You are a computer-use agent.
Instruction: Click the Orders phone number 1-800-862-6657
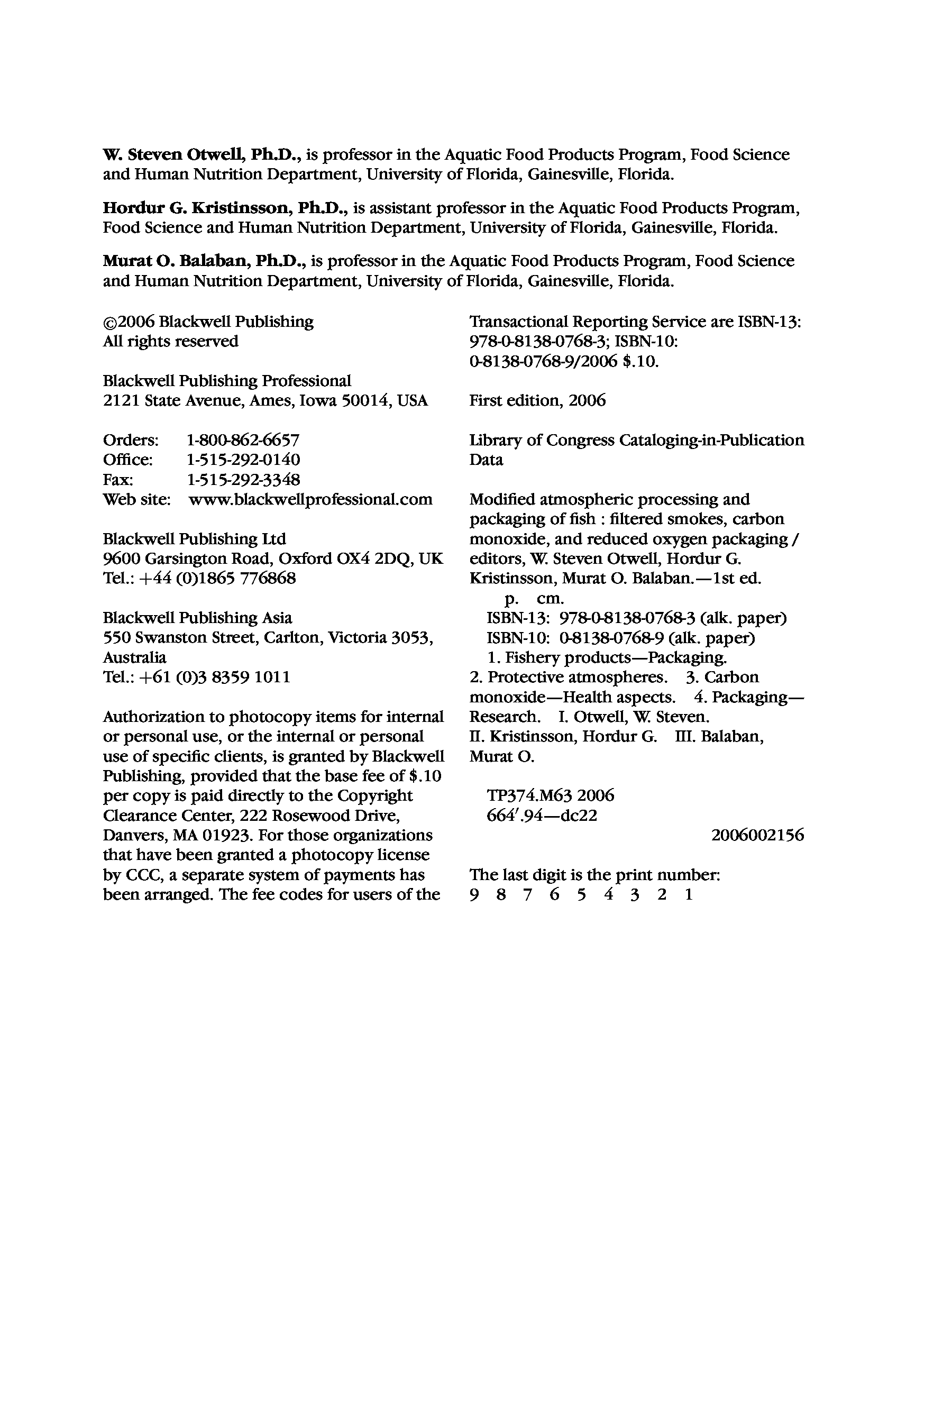coord(243,440)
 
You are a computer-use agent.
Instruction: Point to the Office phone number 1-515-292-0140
coord(243,460)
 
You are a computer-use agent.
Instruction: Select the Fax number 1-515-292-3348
coord(243,480)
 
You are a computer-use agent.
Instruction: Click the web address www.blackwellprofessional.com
coord(310,500)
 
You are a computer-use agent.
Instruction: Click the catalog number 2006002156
coord(757,836)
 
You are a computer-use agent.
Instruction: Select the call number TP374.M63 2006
coord(550,795)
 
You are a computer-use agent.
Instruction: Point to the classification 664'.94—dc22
coord(542,816)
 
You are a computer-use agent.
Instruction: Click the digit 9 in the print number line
coord(474,895)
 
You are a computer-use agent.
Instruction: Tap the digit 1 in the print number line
coord(689,895)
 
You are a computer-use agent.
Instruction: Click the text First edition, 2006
coord(537,401)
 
